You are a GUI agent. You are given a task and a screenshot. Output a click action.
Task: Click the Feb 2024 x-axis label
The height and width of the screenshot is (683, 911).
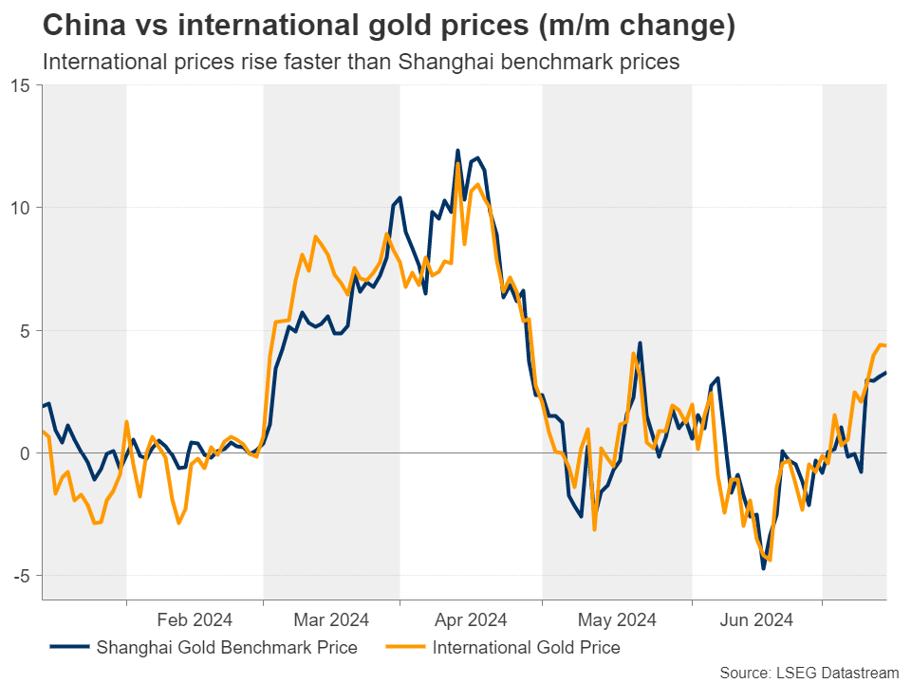[195, 620]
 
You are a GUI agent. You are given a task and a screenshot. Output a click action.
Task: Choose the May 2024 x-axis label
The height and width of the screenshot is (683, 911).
[617, 620]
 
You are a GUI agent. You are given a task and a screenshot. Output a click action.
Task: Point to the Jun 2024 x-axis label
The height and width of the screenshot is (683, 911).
[756, 620]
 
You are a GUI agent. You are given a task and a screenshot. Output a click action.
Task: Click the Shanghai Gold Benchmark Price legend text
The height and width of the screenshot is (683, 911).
[227, 649]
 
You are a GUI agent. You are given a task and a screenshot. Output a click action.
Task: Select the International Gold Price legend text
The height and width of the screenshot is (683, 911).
[526, 649]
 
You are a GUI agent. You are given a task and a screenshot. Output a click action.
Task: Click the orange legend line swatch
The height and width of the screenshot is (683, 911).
[404, 649]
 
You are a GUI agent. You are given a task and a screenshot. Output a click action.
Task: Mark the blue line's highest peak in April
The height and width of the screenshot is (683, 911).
[457, 151]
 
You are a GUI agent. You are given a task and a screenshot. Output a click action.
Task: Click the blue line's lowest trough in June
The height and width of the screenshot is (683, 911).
[763, 568]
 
